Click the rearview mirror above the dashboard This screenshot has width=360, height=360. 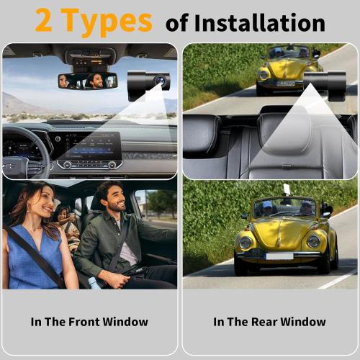(x=88, y=81)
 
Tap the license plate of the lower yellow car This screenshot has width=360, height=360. (x=279, y=256)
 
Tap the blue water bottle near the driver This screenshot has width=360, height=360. (x=94, y=282)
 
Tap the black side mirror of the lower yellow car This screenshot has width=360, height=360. (x=325, y=211)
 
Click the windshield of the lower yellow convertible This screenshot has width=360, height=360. (x=284, y=207)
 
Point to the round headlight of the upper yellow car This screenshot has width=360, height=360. (x=264, y=74)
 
